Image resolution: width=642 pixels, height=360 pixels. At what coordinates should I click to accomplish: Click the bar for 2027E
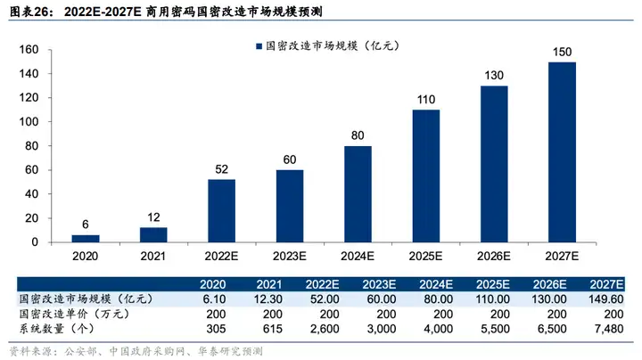pyautogui.click(x=562, y=151)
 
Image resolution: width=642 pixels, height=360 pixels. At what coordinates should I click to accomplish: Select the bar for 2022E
pyautogui.click(x=221, y=210)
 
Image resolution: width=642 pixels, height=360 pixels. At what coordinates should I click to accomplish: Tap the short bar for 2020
pyautogui.click(x=86, y=238)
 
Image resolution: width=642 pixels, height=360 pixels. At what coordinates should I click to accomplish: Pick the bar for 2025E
pyautogui.click(x=425, y=176)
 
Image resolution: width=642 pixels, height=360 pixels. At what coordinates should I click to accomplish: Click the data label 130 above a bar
pyautogui.click(x=494, y=77)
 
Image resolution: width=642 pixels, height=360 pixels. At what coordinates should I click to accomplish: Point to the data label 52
pyautogui.click(x=221, y=170)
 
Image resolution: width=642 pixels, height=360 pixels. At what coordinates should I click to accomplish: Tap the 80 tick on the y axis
pyautogui.click(x=31, y=146)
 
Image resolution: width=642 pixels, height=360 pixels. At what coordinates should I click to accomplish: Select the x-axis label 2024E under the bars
pyautogui.click(x=358, y=256)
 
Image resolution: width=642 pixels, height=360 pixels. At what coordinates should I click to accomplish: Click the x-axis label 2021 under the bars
pyautogui.click(x=153, y=256)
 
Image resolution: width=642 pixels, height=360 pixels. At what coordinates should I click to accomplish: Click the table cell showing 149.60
pyautogui.click(x=605, y=300)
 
